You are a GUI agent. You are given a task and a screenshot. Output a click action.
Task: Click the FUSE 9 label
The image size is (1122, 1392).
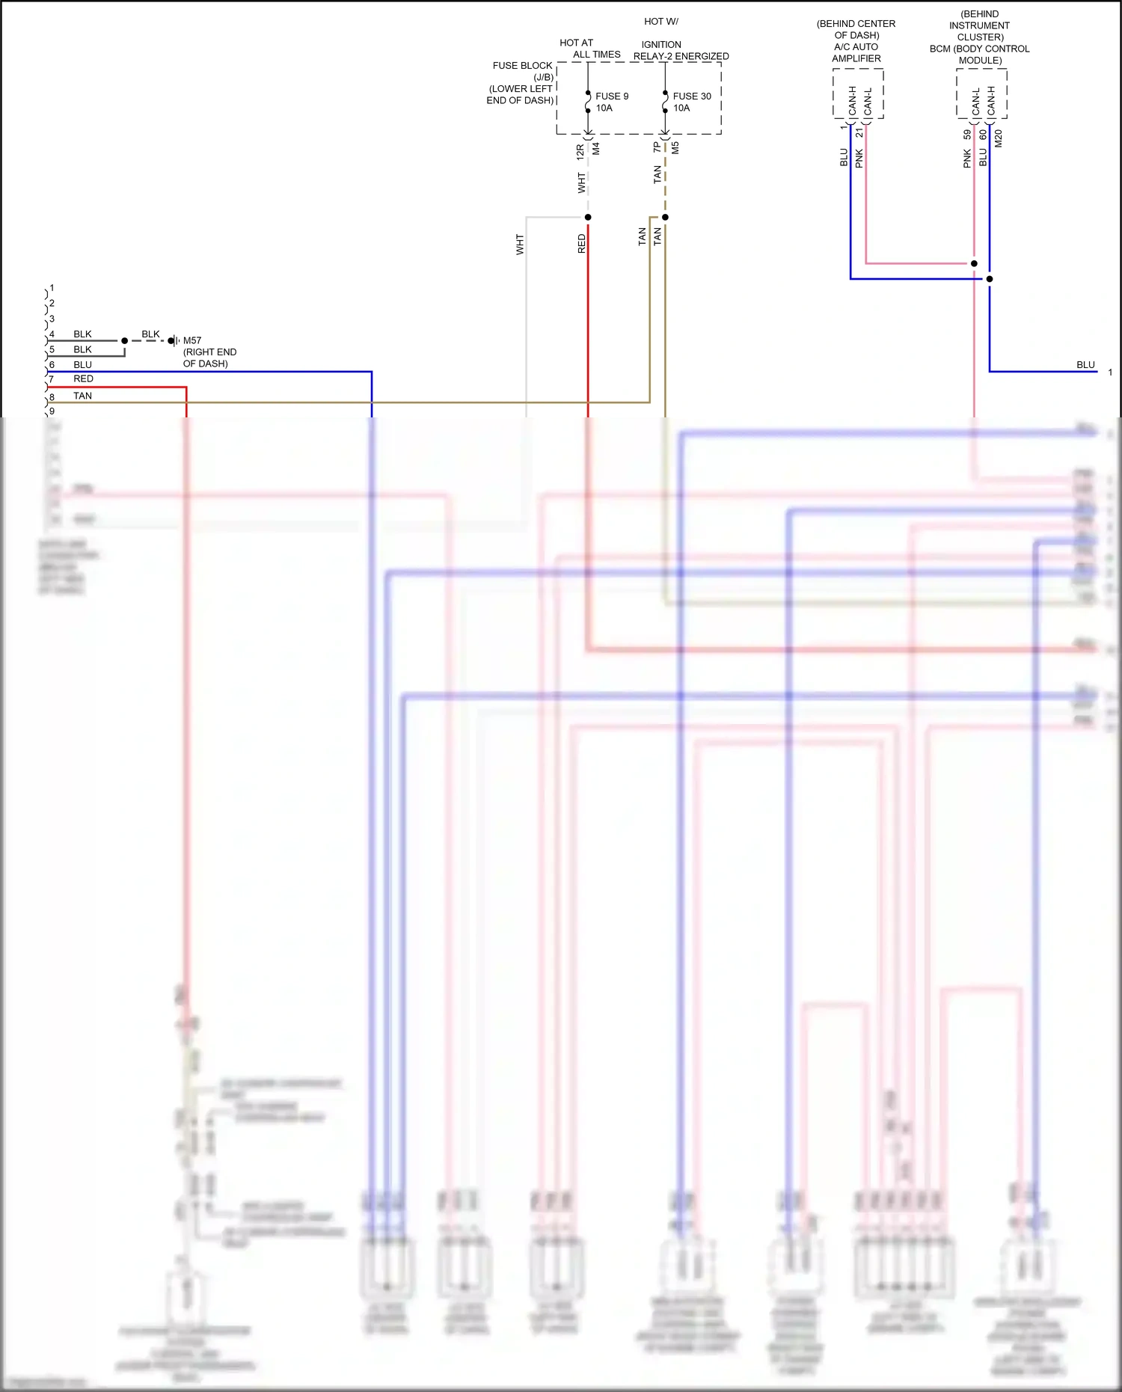(x=612, y=96)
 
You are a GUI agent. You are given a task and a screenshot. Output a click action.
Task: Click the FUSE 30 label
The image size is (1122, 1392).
(x=692, y=96)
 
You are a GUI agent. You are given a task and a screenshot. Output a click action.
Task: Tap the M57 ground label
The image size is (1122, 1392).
(x=192, y=340)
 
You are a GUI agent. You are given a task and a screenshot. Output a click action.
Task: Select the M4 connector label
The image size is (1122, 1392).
(x=596, y=149)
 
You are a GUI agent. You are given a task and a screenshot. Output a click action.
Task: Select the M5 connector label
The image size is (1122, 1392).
(x=675, y=148)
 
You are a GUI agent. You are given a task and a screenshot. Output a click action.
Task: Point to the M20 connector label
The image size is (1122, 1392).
(x=998, y=138)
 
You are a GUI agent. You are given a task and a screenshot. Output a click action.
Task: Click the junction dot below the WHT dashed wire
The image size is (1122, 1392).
(x=588, y=217)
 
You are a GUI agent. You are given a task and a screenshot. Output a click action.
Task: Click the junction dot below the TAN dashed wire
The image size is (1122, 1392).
(x=665, y=217)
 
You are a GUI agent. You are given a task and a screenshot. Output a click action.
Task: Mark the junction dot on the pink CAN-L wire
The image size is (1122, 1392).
(x=974, y=263)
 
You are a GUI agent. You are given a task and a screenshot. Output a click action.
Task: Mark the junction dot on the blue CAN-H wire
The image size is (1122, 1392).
(x=990, y=279)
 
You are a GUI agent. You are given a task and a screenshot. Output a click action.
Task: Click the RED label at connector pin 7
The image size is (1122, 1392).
(x=83, y=379)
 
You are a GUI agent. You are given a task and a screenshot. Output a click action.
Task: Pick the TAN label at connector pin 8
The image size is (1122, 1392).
(x=82, y=396)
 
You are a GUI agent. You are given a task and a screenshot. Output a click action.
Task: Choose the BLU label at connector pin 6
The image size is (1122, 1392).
(x=82, y=365)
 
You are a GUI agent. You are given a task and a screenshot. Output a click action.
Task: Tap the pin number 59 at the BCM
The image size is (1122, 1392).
(x=967, y=135)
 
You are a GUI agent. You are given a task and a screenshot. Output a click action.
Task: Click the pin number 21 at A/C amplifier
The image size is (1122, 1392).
(x=859, y=132)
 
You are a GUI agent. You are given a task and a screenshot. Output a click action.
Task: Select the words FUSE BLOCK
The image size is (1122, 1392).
(x=522, y=66)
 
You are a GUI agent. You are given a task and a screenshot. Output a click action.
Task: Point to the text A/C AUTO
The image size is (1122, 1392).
(x=856, y=46)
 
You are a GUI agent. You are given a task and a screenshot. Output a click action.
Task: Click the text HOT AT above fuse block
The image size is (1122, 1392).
(x=576, y=43)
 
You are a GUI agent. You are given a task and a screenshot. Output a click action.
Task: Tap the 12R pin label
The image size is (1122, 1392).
(x=580, y=152)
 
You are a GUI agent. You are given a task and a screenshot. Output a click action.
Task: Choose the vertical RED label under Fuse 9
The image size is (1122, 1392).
(x=582, y=244)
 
